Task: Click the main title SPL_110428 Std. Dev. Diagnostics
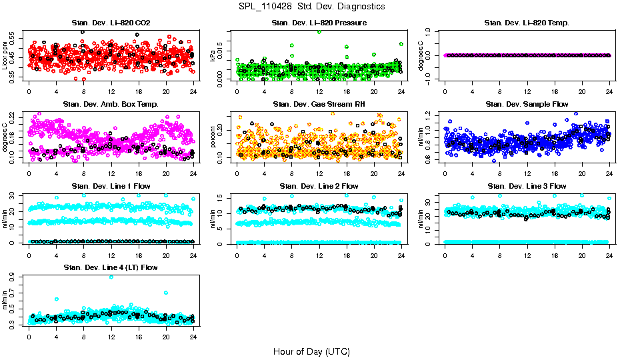(312, 6)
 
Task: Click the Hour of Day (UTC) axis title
(311, 351)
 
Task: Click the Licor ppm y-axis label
(6, 55)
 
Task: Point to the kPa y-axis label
(213, 55)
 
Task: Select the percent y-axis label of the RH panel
(213, 137)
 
